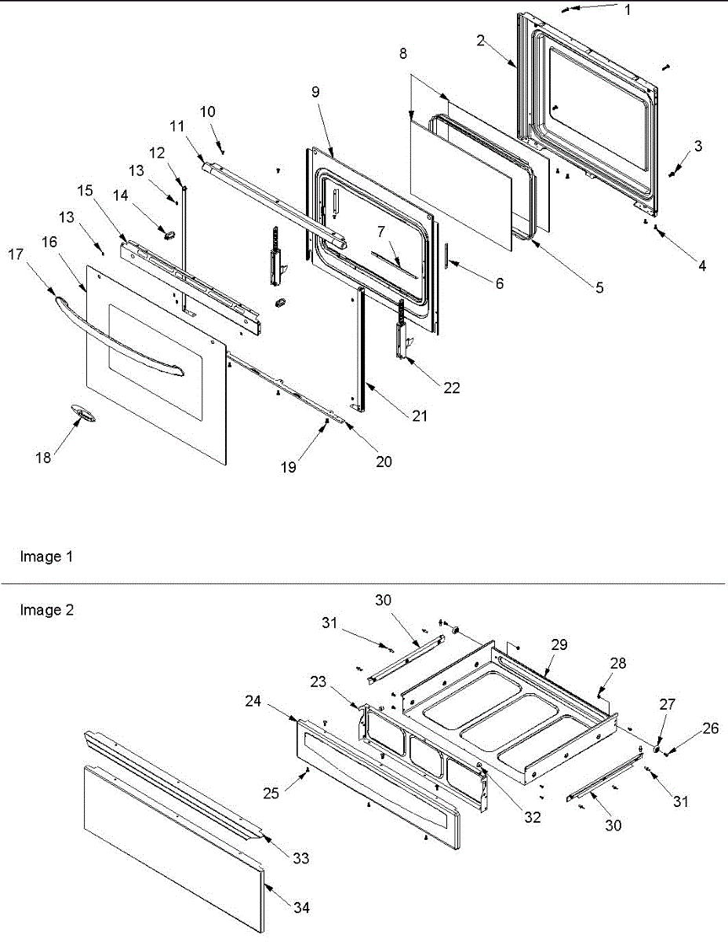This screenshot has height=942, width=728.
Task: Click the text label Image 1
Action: tap(46, 557)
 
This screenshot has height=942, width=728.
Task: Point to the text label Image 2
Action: tap(46, 610)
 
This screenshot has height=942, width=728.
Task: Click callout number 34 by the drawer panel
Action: tap(301, 907)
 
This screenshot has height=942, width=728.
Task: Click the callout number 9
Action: tap(315, 92)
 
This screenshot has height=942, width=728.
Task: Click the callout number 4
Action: tap(701, 265)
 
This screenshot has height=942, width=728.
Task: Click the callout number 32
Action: tap(533, 817)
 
